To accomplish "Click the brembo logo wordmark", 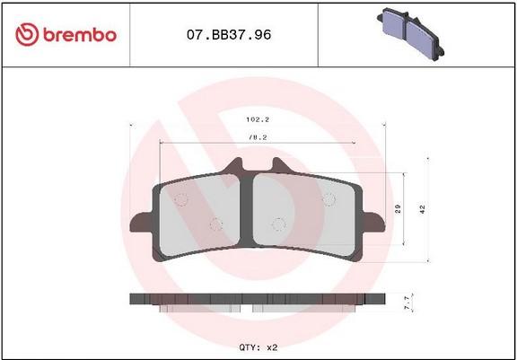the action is (80, 35).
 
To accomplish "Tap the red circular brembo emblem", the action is (27, 34).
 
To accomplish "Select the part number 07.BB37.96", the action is (229, 35).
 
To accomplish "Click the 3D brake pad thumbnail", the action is (410, 33).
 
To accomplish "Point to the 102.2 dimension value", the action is (258, 119).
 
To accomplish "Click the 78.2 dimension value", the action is (258, 138).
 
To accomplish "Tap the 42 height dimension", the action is (423, 209).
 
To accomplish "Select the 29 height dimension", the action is (399, 208).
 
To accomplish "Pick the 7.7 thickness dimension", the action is (407, 303).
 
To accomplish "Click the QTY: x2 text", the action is (258, 347).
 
